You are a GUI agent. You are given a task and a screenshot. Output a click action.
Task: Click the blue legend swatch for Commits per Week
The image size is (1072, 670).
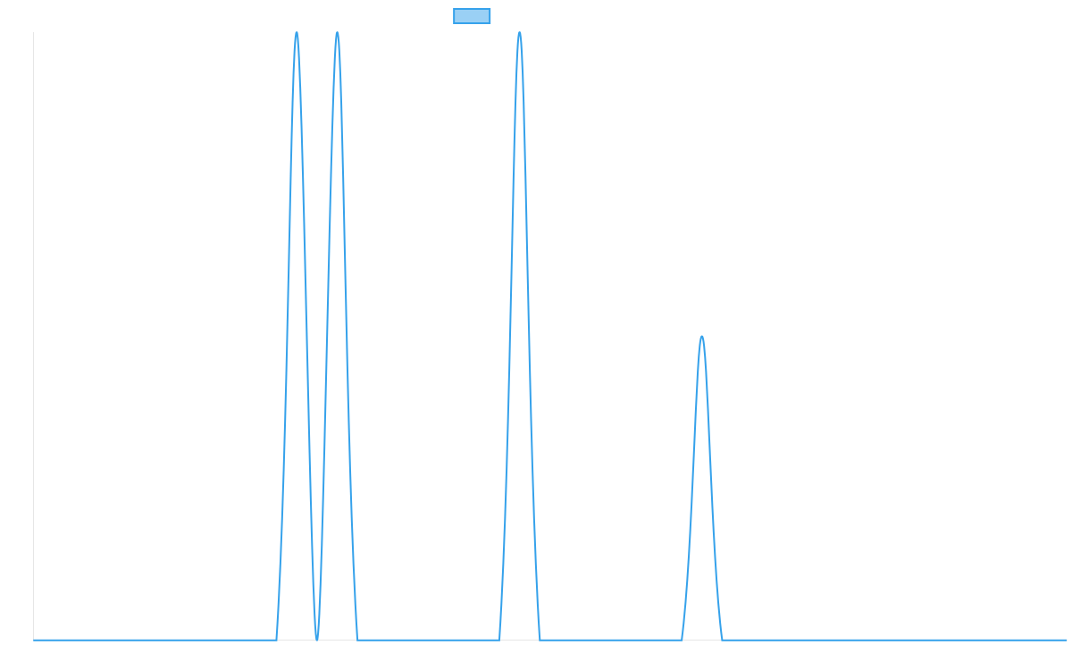(x=472, y=16)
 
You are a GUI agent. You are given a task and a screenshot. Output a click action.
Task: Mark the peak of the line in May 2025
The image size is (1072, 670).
(x=519, y=33)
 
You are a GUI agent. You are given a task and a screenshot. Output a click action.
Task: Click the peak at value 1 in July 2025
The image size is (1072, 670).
(x=702, y=337)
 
